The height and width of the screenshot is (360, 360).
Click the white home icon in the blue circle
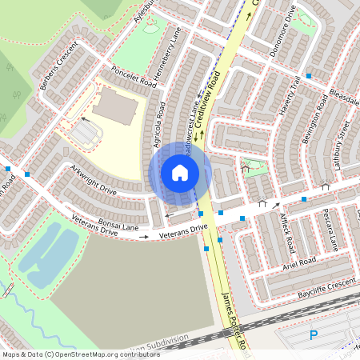pos(180,173)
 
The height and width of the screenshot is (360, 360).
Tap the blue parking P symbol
pos(314,335)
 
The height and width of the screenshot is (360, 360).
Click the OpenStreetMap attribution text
pos(81,354)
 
